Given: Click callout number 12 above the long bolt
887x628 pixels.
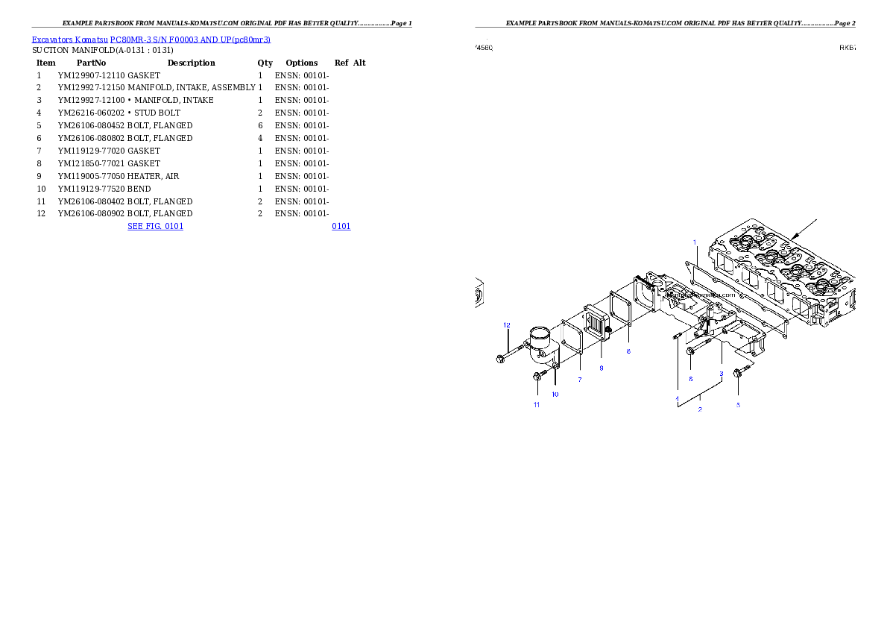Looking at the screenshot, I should (506, 325).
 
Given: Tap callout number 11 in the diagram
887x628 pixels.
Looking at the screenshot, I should (536, 405).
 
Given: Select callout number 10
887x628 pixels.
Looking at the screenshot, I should (555, 394).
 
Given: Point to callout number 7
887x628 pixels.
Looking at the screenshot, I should (579, 380).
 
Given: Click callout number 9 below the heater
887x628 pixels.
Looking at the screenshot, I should (601, 368).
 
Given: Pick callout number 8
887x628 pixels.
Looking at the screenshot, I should (628, 351).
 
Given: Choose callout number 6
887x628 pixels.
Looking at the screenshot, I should (690, 379).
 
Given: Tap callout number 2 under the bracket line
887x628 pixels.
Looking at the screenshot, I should (700, 409).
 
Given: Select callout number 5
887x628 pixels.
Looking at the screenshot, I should (738, 405).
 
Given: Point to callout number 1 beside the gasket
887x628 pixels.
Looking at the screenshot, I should (695, 242).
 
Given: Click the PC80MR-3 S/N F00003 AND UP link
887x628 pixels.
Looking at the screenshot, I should (189, 40).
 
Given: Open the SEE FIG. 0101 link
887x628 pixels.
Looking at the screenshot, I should (155, 226).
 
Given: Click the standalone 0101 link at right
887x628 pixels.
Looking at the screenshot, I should (341, 226).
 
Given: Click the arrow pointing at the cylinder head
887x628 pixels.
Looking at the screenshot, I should (805, 229).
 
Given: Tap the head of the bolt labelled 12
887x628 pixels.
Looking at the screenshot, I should (500, 359).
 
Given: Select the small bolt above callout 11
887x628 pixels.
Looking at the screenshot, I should (537, 377).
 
